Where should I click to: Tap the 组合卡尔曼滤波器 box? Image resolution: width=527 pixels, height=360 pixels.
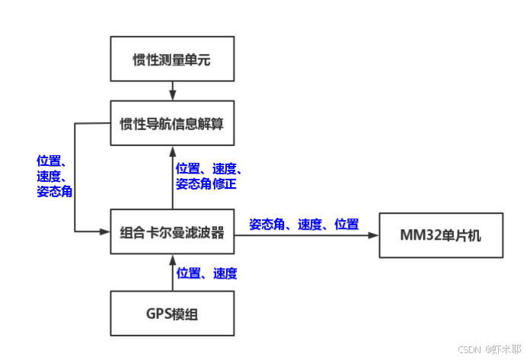(171, 233)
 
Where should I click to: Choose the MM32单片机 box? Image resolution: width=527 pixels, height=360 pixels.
(441, 234)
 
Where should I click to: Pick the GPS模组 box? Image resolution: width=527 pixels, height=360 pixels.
(171, 313)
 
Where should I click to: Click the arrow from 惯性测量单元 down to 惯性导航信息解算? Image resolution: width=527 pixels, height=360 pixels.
(172, 91)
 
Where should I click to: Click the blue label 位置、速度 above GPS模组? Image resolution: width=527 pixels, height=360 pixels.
(206, 272)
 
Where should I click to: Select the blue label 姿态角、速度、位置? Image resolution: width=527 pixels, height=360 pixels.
(304, 225)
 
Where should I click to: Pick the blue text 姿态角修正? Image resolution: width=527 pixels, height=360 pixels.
(208, 184)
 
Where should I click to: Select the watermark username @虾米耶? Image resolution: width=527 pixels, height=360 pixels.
(503, 349)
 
